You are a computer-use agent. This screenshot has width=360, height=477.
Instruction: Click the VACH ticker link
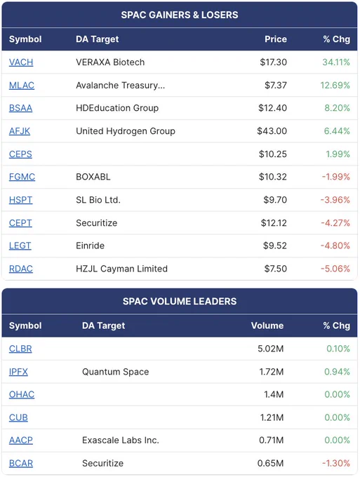coord(21,62)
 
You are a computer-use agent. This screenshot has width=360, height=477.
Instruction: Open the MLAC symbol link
coord(22,85)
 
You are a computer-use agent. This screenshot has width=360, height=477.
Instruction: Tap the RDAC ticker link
coord(20,269)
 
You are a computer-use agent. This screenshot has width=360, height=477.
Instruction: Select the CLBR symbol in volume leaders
coord(20,349)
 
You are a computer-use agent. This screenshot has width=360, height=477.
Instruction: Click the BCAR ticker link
coord(21,463)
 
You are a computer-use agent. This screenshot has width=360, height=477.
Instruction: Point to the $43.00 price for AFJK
coord(272,131)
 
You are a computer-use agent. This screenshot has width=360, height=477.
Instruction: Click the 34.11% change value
coord(336,62)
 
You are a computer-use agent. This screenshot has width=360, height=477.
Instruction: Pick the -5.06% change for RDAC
coord(335,269)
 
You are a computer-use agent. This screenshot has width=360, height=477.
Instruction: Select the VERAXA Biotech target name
coord(110,62)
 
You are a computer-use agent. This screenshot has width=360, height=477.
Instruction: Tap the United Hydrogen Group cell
coord(126,131)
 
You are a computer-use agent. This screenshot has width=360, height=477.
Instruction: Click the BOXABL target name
coord(93,177)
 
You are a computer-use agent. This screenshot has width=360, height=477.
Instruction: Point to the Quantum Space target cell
coord(115,372)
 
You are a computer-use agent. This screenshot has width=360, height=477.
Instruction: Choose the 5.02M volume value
coord(271,349)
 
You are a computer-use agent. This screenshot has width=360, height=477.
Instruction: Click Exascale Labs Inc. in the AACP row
coord(121,441)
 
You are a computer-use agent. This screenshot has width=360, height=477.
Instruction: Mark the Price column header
coord(275,39)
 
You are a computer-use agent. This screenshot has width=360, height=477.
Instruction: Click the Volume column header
coord(267,325)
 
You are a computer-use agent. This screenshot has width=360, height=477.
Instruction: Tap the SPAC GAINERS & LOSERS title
coord(180,15)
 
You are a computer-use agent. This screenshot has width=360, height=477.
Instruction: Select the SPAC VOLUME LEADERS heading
coord(180,301)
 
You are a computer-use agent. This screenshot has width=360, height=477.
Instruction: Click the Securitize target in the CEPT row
coord(96,223)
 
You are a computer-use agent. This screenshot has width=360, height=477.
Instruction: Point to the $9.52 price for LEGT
coord(275,246)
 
